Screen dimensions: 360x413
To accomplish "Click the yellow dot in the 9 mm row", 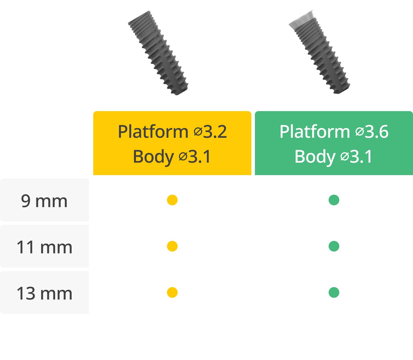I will point(172,200).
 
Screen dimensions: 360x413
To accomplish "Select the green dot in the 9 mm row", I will point(334,200).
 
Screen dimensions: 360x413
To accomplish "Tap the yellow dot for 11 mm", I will point(172,246).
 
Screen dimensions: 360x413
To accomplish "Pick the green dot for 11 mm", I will point(334,246).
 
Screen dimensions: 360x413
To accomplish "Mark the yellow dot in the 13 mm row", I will point(172,292).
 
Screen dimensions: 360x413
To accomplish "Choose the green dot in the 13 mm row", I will point(334,292).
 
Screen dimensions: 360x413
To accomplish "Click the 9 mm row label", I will point(44,201).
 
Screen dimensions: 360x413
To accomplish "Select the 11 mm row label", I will point(44,247).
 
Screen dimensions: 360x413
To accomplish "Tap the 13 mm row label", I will point(44,293).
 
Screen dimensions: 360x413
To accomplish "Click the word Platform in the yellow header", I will point(153,132).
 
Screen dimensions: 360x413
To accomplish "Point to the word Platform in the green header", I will point(315,132).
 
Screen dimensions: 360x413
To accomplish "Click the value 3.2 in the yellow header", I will point(215,132).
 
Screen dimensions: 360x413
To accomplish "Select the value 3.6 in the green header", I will point(377,132).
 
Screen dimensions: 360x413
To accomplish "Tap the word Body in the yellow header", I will point(153,156).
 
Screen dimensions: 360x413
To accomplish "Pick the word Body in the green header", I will point(315,156).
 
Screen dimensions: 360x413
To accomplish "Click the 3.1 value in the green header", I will point(361,156).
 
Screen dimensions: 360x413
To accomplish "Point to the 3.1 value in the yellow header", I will point(200,156).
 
